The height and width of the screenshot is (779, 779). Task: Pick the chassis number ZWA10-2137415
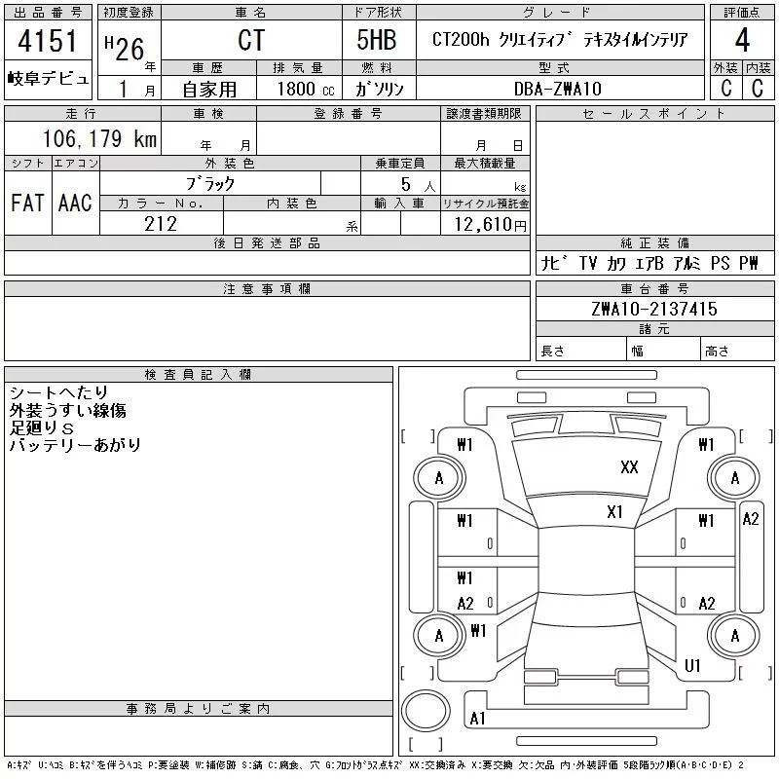pyautogui.click(x=653, y=310)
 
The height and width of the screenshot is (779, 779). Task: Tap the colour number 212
pyautogui.click(x=161, y=224)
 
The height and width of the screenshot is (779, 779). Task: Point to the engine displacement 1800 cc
pyautogui.click(x=303, y=89)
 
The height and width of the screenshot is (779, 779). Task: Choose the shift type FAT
pyautogui.click(x=27, y=203)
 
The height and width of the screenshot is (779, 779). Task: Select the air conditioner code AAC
pyautogui.click(x=75, y=203)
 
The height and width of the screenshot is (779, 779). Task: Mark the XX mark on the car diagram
pyautogui.click(x=629, y=467)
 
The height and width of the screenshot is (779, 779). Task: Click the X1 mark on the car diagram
pyautogui.click(x=614, y=511)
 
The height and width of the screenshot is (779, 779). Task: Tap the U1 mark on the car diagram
pyautogui.click(x=692, y=666)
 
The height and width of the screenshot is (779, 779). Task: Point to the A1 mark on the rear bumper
pyautogui.click(x=477, y=719)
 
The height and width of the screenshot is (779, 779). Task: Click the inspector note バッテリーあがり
pyautogui.click(x=75, y=445)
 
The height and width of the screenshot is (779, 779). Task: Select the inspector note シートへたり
pyautogui.click(x=58, y=392)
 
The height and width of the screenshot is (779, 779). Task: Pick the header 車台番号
pyautogui.click(x=653, y=289)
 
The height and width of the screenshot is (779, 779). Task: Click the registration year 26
pyautogui.click(x=130, y=49)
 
